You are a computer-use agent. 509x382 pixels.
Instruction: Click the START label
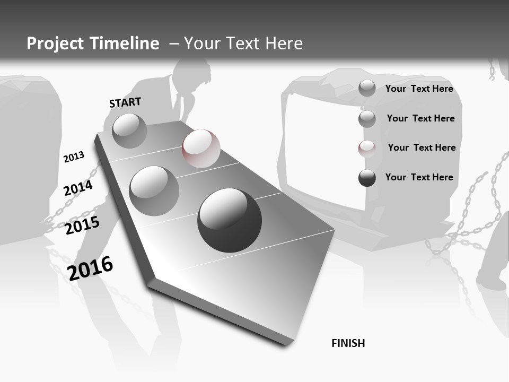point(125,102)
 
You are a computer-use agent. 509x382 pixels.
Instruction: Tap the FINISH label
point(348,343)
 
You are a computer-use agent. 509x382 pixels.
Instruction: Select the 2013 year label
point(74,157)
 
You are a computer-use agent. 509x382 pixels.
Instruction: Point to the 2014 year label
point(78,188)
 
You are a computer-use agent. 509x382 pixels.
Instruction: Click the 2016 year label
point(90,268)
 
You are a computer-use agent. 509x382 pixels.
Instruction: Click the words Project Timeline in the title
point(93,44)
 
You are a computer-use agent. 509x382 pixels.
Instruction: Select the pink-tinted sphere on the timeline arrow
point(201,148)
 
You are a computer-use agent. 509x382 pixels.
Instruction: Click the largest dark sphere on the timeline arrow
point(230,220)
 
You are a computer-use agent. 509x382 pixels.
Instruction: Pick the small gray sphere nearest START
point(129,131)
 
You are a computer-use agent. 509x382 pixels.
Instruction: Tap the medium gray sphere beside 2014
point(154,191)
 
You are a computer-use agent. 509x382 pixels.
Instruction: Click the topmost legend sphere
point(367,88)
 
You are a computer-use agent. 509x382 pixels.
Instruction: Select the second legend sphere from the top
point(367,119)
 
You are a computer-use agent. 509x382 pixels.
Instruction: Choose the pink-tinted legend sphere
point(367,148)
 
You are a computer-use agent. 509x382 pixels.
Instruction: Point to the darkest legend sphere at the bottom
point(367,178)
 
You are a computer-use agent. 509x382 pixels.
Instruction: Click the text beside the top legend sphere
point(419,89)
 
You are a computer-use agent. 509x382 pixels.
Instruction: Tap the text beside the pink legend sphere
point(422,147)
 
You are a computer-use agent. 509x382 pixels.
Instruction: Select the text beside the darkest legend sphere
point(419,177)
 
